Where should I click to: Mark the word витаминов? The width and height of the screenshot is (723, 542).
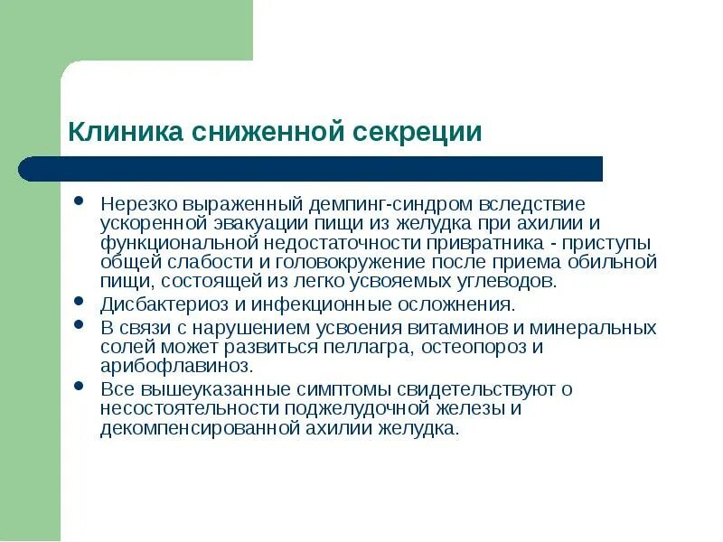click(465, 326)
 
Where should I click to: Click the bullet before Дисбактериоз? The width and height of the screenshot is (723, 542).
click(80, 301)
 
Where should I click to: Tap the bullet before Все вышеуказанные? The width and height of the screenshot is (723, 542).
click(80, 385)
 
